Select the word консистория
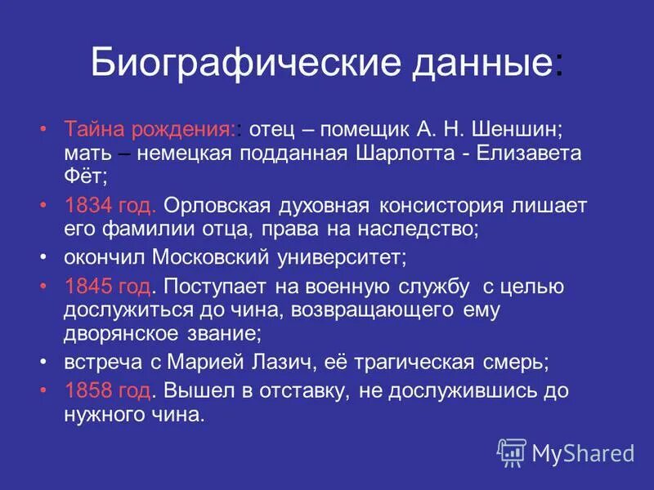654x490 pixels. coord(449,205)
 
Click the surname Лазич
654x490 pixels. coord(262,362)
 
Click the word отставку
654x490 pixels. coord(302,390)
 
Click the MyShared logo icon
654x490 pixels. coord(512,452)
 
